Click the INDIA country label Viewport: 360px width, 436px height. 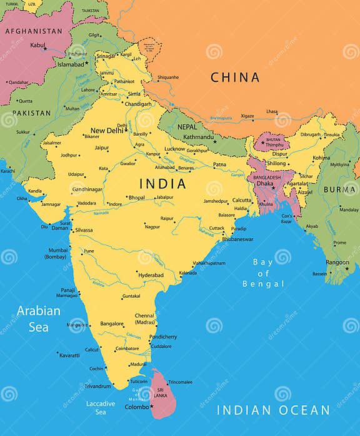tap(162, 184)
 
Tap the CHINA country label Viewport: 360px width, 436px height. tap(234, 78)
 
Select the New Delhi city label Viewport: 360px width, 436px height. tap(107, 130)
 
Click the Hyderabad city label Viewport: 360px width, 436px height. tap(151, 275)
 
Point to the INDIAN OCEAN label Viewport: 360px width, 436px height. tap(272, 411)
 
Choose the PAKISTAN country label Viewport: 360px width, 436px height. tap(32, 113)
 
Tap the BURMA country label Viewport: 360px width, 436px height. tap(341, 190)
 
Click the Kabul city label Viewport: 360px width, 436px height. tap(37, 45)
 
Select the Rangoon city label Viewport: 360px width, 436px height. tap(337, 262)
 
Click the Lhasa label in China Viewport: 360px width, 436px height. tap(272, 111)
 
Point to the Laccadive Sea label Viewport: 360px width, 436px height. tap(101, 407)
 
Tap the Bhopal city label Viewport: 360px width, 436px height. tap(136, 197)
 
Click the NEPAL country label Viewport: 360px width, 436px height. tap(187, 126)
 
